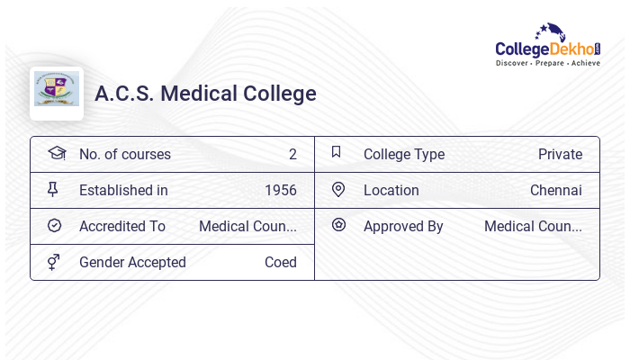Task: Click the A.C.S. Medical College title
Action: click(205, 94)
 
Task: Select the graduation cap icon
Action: click(57, 153)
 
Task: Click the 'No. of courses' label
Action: click(125, 154)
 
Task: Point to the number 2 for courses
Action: click(292, 154)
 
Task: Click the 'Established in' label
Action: click(123, 190)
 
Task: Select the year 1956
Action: click(281, 190)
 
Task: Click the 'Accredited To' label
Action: click(122, 226)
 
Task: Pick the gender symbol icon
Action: click(55, 262)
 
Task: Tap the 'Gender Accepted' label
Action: click(132, 262)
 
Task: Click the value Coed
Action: click(281, 262)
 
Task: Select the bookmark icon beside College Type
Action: click(337, 152)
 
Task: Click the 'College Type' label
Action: click(404, 154)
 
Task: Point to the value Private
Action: click(560, 154)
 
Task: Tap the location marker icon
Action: click(338, 189)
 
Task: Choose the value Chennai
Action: click(556, 190)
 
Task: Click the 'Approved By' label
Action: click(403, 226)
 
